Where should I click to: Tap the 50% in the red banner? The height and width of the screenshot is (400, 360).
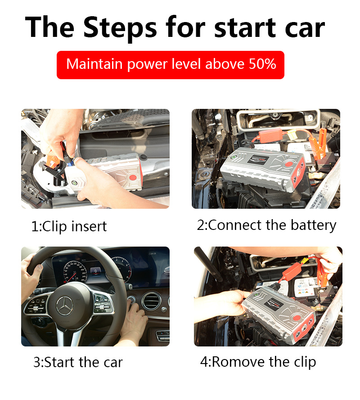262,64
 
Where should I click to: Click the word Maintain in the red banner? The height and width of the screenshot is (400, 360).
94,63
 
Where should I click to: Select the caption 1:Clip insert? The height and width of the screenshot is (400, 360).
69,226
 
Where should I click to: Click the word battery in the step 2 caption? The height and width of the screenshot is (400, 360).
313,225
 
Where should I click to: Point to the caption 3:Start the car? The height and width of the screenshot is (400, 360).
78,362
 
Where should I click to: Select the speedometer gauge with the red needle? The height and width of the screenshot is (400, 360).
75,272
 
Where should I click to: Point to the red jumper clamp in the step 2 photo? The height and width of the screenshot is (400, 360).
318,144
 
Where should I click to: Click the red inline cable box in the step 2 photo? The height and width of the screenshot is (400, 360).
270,135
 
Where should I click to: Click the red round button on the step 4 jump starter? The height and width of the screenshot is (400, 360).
297,318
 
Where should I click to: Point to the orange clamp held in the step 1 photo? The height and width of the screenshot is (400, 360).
53,161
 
